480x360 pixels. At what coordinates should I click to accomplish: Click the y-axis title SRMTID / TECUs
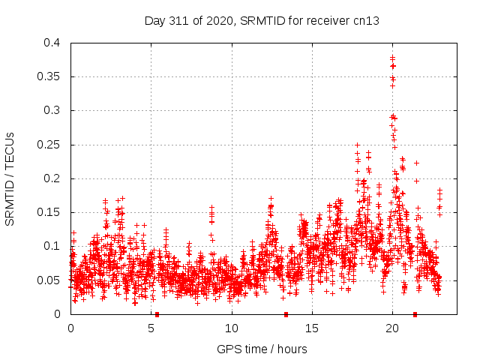(x=10, y=178)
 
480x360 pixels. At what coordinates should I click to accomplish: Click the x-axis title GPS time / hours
(x=262, y=349)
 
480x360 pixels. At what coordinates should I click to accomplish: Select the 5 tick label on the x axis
(x=151, y=328)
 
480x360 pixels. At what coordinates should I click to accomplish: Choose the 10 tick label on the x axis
(x=232, y=328)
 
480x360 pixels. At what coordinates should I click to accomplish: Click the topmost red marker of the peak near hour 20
(x=392, y=57)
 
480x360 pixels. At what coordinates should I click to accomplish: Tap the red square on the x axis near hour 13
(x=286, y=314)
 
